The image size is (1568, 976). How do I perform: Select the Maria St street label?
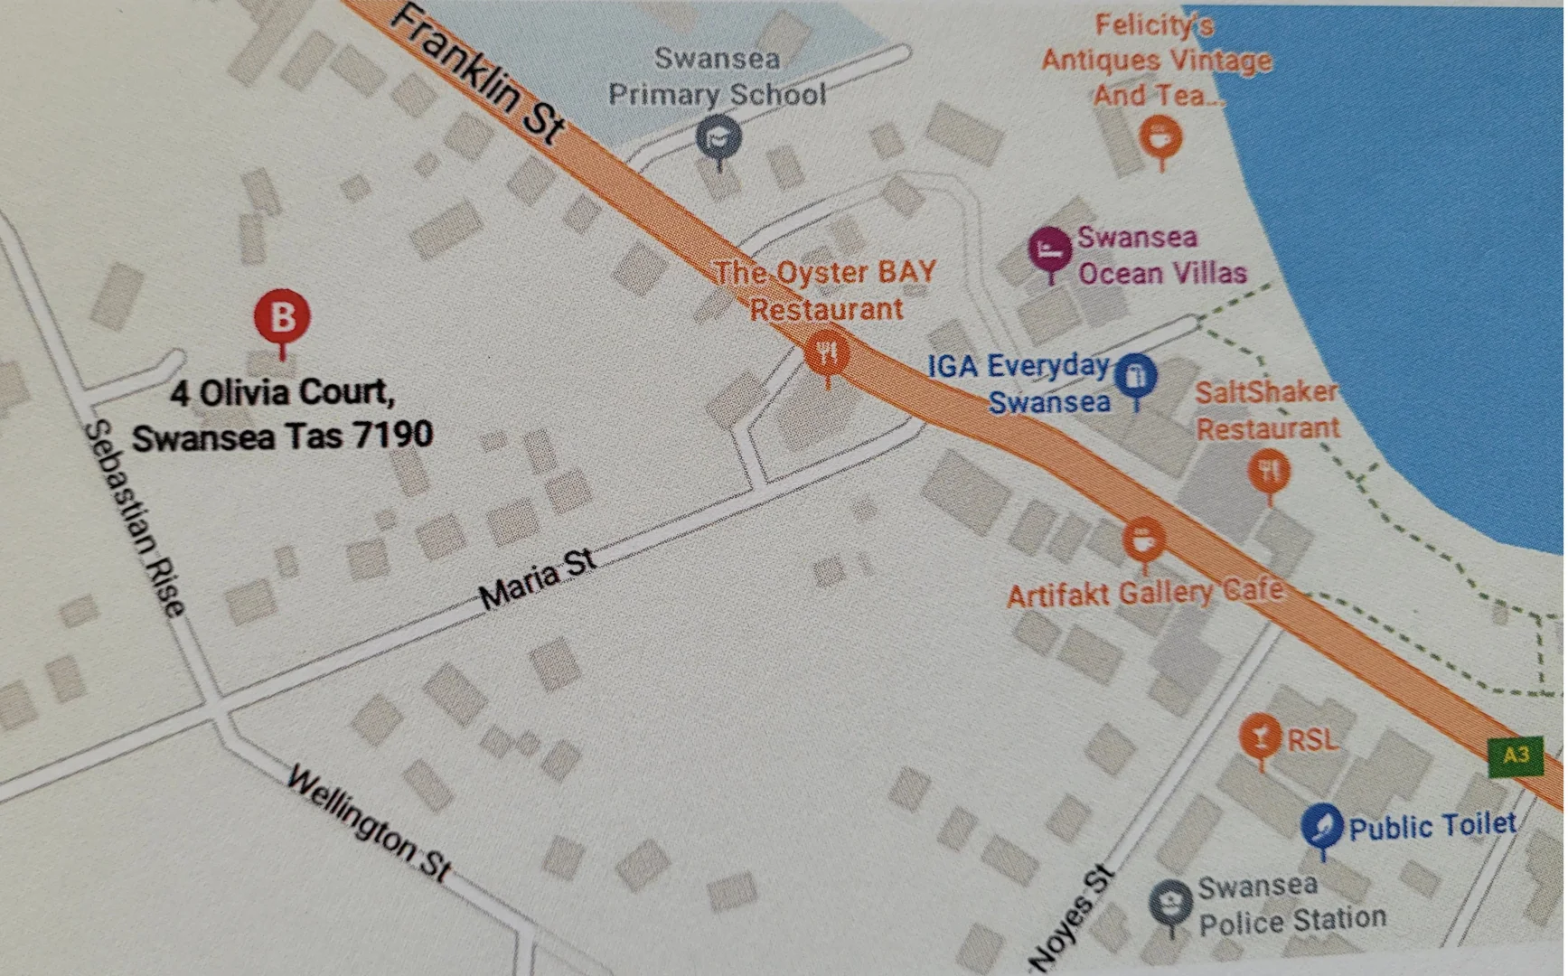tap(537, 579)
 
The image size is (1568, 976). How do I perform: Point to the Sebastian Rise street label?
tap(135, 519)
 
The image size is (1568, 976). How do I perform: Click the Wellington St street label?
tap(368, 823)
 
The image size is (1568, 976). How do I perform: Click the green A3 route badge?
tap(1516, 755)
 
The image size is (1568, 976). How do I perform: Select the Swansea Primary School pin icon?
tap(718, 139)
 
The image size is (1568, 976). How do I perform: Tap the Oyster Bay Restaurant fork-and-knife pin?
tap(826, 352)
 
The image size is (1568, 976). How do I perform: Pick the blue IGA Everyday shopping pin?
tap(1136, 375)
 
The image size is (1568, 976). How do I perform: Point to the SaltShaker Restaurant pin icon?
tap(1269, 472)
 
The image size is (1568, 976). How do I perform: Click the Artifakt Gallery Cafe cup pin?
tap(1143, 540)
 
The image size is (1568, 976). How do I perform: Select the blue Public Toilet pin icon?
tap(1322, 825)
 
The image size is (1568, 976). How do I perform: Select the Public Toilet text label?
tap(1432, 826)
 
